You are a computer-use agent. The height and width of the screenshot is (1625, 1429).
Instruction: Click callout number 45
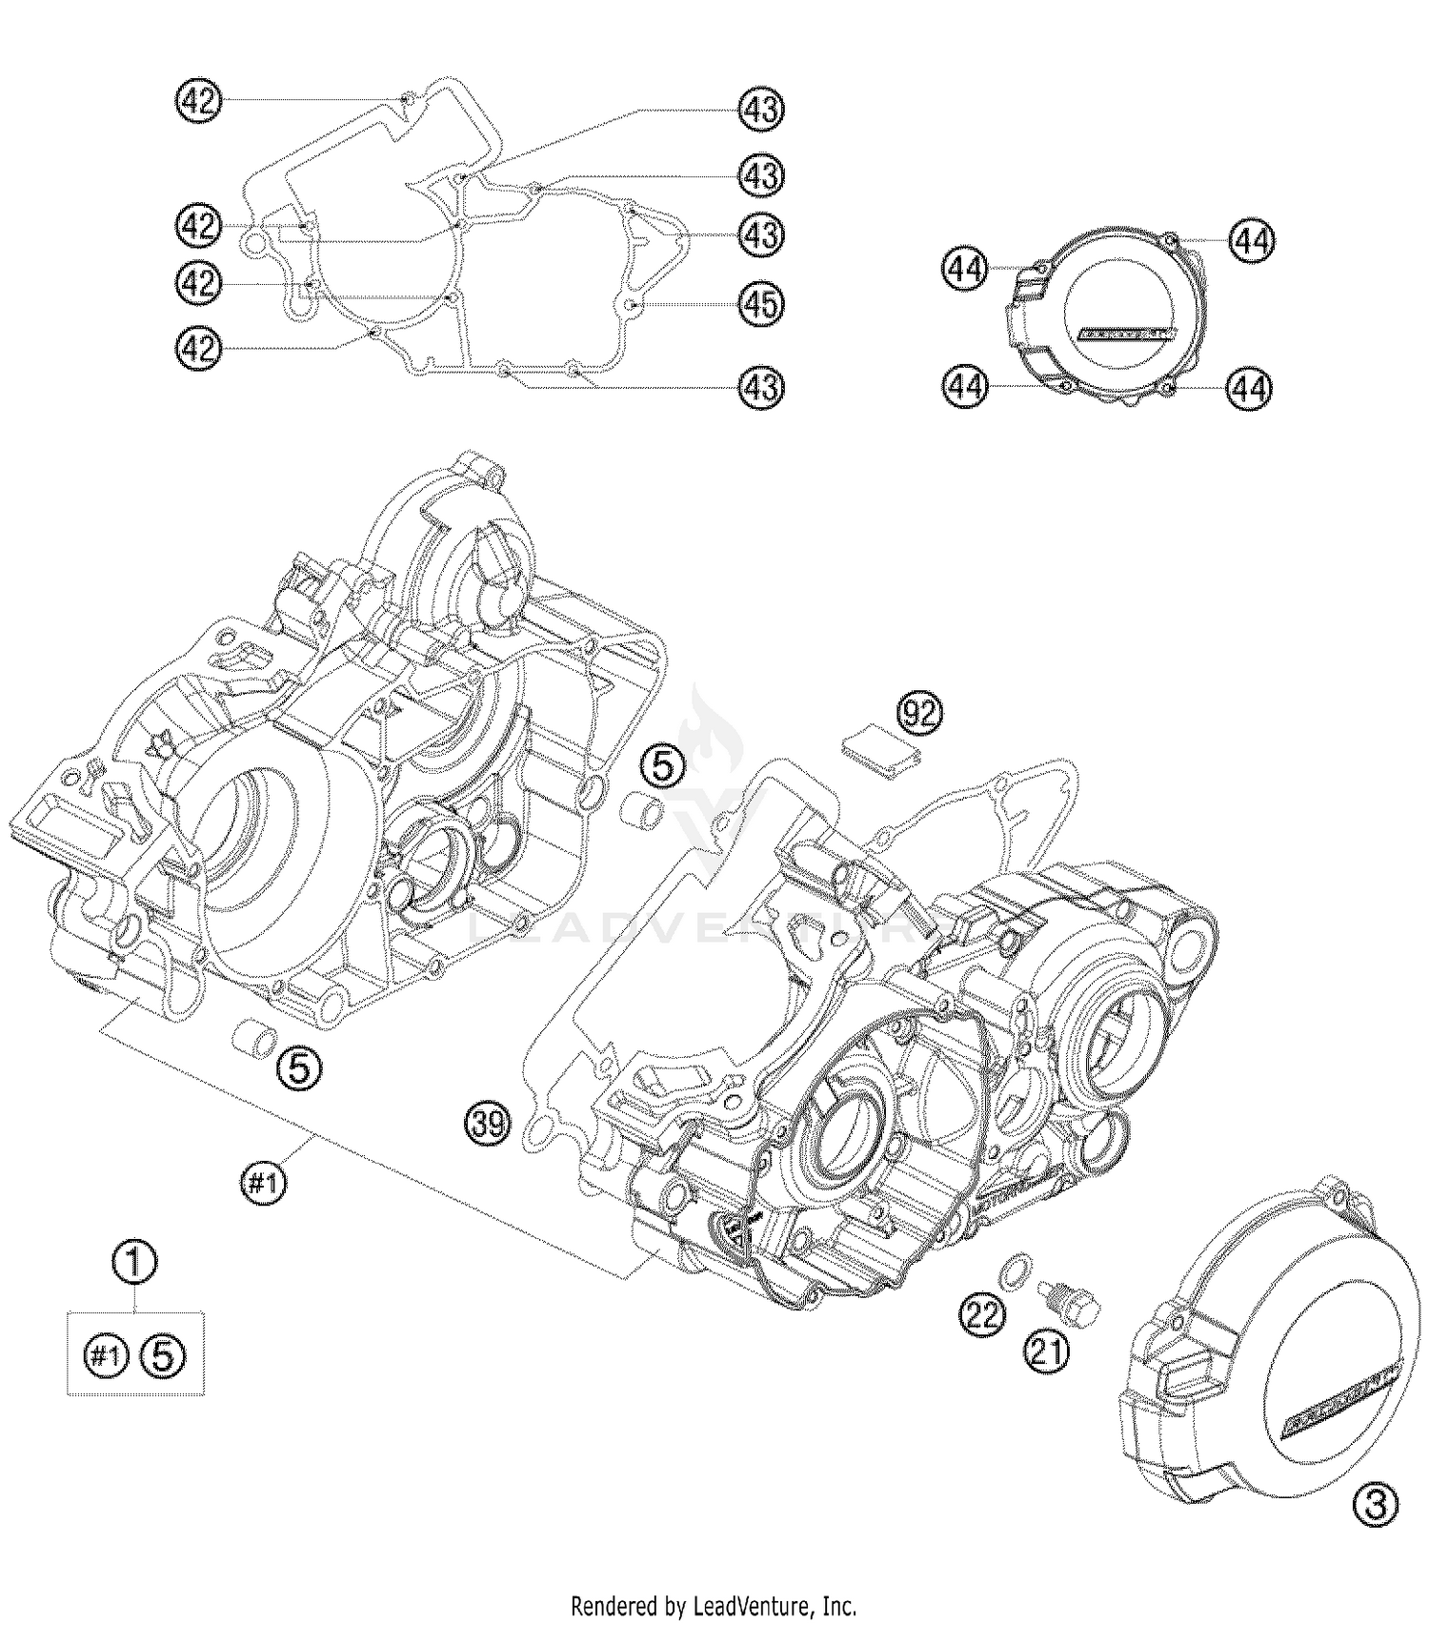(x=761, y=304)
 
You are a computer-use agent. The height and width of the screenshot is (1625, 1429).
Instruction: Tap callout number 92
(x=918, y=713)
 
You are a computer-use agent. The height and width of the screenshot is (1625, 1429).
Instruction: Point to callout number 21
(x=1046, y=1351)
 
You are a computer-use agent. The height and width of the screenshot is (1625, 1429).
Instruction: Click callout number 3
(x=1375, y=1505)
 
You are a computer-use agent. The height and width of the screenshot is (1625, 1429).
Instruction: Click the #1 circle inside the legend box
(x=106, y=1354)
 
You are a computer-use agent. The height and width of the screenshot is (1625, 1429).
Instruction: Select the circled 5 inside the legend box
(x=163, y=1354)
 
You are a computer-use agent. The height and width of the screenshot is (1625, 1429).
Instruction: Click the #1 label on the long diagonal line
(x=263, y=1183)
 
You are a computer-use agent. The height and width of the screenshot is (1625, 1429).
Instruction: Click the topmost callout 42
(x=198, y=100)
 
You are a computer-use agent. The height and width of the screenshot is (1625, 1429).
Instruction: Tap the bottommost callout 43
(x=761, y=387)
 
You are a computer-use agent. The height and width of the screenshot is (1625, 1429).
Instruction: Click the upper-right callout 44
(x=1250, y=240)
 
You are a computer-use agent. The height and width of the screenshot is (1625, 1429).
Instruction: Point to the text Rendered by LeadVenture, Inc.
(x=714, y=1605)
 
